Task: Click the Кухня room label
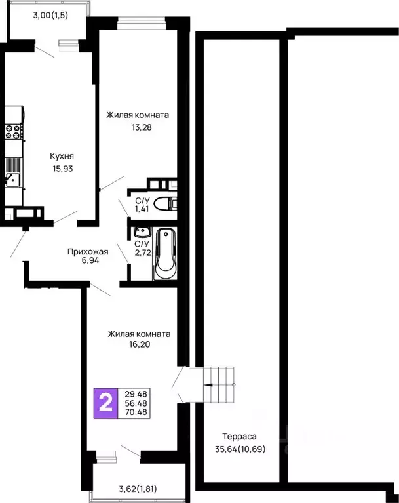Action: (x=62, y=156)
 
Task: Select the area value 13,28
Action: (x=138, y=127)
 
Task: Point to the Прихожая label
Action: (x=88, y=251)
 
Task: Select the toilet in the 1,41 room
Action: (x=165, y=203)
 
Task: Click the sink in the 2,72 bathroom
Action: (x=141, y=232)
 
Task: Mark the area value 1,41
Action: (x=142, y=210)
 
